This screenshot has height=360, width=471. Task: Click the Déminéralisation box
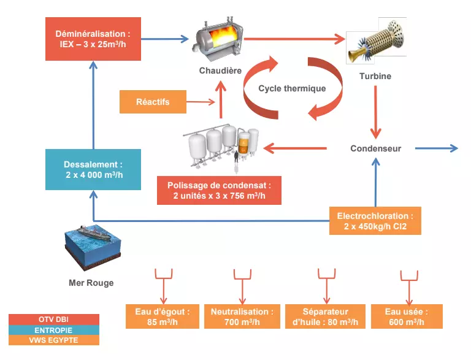93,39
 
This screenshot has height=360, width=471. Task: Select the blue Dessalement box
93,169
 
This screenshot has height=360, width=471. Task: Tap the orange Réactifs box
153,101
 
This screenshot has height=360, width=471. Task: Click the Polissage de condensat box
219,190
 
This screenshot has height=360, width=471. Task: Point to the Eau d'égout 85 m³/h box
163,316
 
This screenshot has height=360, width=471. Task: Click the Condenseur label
376,148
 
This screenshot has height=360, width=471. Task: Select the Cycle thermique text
292,88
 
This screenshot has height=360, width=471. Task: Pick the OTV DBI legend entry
54,320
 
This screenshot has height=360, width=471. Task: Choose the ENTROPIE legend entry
54,330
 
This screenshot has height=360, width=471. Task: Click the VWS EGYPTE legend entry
54,340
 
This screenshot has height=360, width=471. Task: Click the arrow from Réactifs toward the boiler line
202,101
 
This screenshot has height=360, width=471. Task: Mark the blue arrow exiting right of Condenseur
436,148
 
